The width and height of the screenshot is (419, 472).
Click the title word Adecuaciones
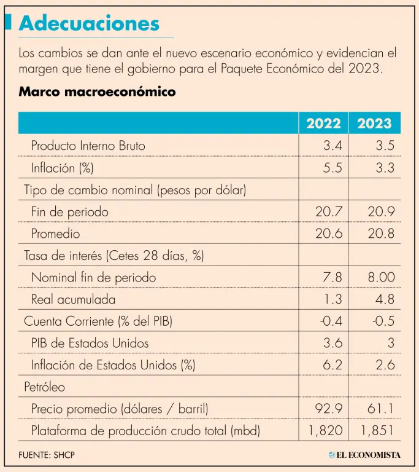89,23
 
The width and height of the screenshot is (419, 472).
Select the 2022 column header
323,123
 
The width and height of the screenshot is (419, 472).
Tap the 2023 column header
374,123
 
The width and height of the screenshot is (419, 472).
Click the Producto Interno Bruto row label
88,146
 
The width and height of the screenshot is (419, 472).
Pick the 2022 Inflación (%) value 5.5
333,168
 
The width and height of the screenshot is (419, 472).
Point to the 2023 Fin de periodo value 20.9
381,212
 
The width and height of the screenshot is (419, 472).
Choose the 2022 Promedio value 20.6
329,234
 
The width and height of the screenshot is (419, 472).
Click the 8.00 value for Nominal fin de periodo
381,278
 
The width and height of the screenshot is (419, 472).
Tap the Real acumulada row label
72,300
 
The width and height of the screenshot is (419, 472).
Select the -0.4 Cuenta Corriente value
331,321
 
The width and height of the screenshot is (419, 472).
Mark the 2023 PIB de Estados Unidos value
390,343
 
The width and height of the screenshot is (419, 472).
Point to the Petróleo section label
44,387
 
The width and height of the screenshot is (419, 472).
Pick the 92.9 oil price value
329,409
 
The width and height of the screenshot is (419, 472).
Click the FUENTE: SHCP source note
47,455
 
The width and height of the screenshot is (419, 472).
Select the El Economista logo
364,455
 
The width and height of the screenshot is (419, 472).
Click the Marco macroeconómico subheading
97,92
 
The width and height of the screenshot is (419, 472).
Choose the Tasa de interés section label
113,256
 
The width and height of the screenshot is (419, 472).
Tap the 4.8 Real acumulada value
385,300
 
